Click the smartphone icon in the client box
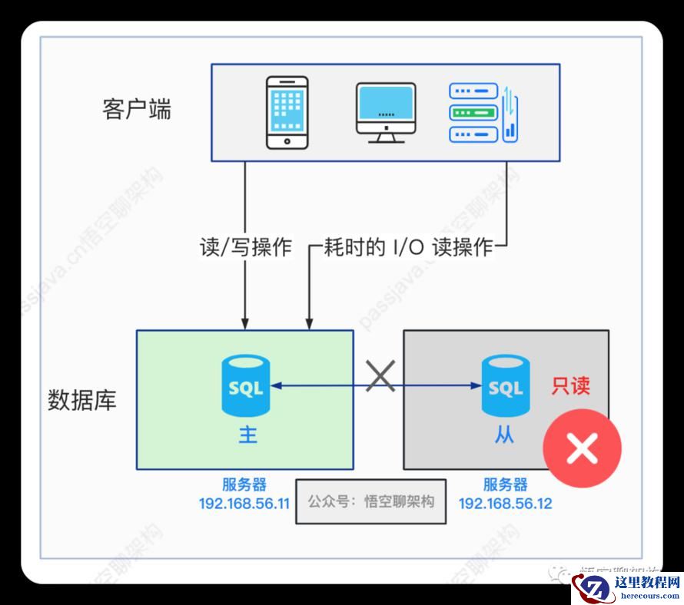pos(287,112)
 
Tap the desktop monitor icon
pos(385,113)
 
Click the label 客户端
pos(137,109)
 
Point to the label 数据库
pos(82,400)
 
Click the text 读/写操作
pos(244,247)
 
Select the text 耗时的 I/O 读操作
pos(408,247)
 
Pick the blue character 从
pos(505,435)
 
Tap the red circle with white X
pos(582,449)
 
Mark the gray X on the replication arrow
pos(380,376)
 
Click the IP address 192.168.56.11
pos(244,504)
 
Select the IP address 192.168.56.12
pos(505,504)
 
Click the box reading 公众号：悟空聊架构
pos(370,502)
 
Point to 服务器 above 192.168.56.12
pos(505,485)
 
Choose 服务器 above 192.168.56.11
pos(244,485)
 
